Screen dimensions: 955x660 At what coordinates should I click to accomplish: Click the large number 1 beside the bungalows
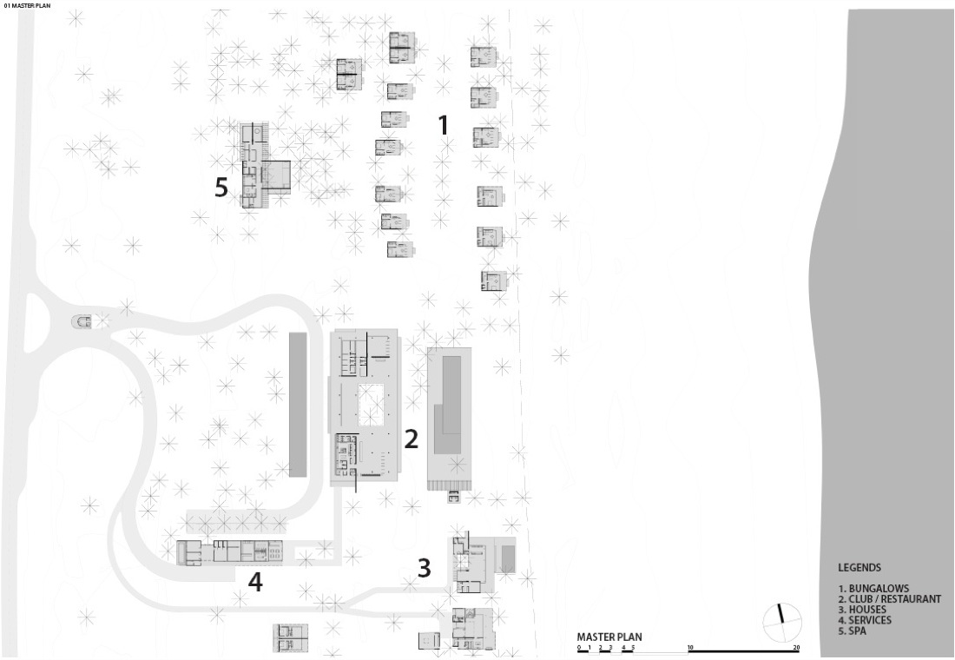444,125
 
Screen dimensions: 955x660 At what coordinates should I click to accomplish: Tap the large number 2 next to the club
412,439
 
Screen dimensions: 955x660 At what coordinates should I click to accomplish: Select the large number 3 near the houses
425,567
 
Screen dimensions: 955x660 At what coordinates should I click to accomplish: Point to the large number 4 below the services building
255,582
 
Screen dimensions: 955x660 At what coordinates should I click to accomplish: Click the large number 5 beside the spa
221,187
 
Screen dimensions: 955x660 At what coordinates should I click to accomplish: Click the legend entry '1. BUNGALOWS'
873,589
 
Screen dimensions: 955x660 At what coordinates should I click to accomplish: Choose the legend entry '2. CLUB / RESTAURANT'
889,599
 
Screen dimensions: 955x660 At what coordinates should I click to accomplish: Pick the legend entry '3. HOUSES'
862,610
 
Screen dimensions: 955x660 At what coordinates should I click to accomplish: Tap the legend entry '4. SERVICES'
865,620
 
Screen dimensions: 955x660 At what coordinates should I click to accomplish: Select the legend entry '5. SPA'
852,630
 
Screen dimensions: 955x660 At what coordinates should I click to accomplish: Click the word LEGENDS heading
859,567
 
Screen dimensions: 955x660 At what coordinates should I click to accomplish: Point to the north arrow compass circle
782,622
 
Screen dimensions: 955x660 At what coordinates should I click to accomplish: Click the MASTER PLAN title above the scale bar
609,637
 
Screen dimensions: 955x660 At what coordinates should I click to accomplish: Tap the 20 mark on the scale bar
796,648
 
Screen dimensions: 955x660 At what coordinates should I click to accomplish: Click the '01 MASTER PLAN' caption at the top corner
28,5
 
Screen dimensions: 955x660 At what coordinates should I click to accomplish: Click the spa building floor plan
264,165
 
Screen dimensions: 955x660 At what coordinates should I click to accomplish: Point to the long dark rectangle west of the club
297,405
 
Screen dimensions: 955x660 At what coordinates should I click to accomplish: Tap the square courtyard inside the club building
372,405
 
